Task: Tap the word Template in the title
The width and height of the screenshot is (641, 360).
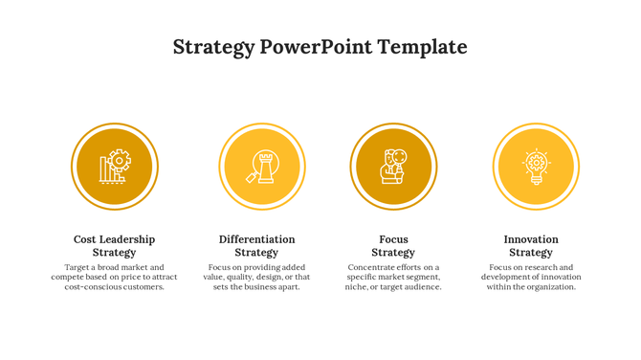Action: pyautogui.click(x=422, y=47)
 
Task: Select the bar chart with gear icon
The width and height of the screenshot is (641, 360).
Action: pyautogui.click(x=115, y=166)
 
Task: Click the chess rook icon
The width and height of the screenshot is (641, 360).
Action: pyautogui.click(x=261, y=167)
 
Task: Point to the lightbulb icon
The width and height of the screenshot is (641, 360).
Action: pyautogui.click(x=536, y=167)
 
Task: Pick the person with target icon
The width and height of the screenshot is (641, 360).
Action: pyautogui.click(x=393, y=166)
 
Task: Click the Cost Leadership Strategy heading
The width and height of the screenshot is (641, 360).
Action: pyautogui.click(x=114, y=246)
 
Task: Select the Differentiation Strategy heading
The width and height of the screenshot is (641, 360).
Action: pyautogui.click(x=256, y=246)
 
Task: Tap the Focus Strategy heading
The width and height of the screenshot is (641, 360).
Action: pyautogui.click(x=393, y=246)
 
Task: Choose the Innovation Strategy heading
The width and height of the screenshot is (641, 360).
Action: pyautogui.click(x=531, y=246)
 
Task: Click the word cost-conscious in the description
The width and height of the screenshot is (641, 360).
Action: pyautogui.click(x=91, y=287)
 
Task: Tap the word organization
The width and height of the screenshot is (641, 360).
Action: pyautogui.click(x=550, y=287)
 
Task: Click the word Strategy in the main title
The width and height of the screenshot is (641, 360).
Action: pyautogui.click(x=213, y=47)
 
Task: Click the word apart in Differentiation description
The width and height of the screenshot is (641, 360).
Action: pyautogui.click(x=286, y=287)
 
